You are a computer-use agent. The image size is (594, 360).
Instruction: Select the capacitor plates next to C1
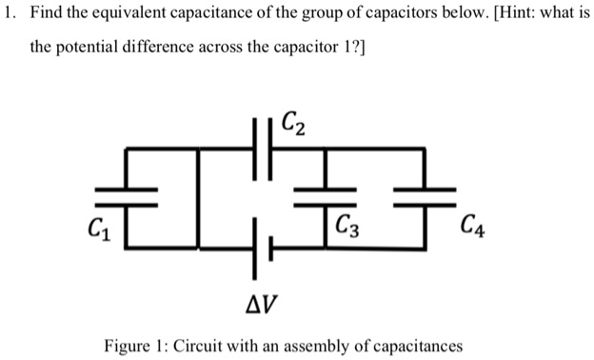point(127,196)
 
